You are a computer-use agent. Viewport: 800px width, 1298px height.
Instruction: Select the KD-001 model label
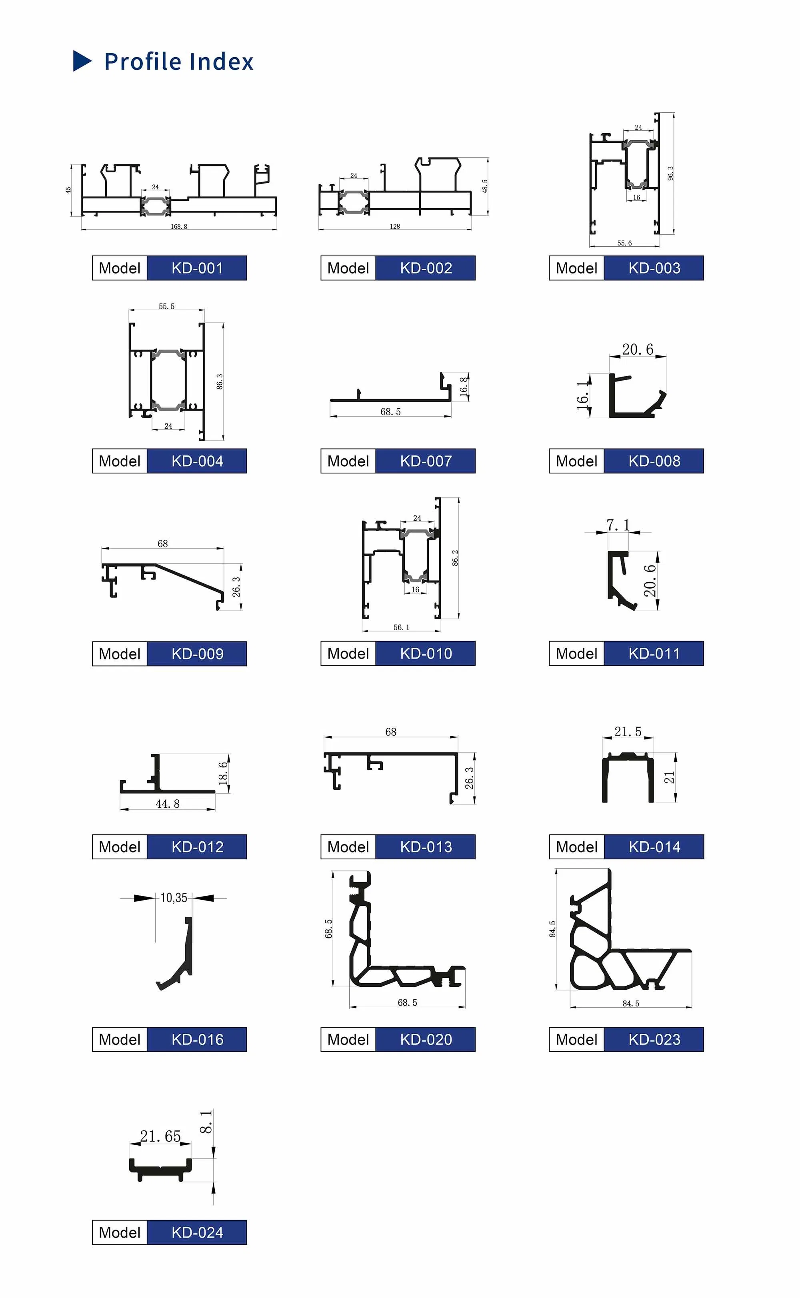click(197, 268)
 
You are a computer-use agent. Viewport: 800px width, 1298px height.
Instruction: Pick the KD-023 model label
click(654, 1040)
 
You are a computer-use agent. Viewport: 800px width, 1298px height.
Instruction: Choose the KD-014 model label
click(654, 847)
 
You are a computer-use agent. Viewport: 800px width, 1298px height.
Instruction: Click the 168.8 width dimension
click(179, 226)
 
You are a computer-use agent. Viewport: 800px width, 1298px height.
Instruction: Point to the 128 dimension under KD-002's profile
click(395, 226)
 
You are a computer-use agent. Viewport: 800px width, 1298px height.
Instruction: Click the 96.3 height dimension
click(670, 173)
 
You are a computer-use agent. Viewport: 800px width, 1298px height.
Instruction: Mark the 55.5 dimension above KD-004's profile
click(167, 306)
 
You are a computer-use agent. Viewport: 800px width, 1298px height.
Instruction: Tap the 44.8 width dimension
click(168, 804)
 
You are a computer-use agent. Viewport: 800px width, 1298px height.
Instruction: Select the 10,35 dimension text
click(174, 898)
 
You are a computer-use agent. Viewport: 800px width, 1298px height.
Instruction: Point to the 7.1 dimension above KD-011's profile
click(618, 525)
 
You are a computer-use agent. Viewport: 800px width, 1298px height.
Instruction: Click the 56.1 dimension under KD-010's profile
click(402, 627)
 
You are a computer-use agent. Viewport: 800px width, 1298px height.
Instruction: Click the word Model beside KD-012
click(120, 847)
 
